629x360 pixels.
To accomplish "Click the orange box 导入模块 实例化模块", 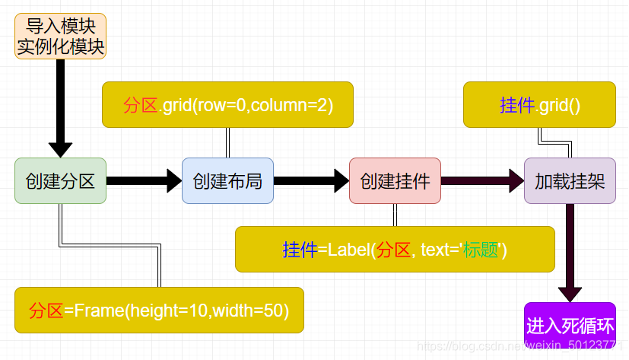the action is click(61, 36).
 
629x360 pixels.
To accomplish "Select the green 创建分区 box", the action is click(61, 180).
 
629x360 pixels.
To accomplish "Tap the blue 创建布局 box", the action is click(228, 180).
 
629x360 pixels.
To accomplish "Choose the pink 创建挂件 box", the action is click(396, 180).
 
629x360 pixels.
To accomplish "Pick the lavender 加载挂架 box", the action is click(570, 180).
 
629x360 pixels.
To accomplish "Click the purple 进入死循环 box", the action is click(570, 325).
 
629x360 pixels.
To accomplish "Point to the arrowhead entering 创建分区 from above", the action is click(61, 150).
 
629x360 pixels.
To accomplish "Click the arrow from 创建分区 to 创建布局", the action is click(144, 180).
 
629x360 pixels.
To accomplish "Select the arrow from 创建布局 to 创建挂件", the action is click(311, 180).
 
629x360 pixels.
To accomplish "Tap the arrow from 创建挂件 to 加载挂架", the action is click(482, 180).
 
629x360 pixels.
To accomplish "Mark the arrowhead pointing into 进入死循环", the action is click(570, 295).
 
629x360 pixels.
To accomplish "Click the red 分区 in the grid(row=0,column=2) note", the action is click(141, 105).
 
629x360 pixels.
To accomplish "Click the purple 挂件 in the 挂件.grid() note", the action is click(517, 105).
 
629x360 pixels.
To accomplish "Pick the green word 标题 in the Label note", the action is click(481, 250).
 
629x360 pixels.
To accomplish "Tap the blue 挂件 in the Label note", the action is click(300, 250).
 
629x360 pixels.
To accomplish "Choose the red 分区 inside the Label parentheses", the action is click(393, 250).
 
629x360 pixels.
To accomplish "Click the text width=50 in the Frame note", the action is click(248, 311).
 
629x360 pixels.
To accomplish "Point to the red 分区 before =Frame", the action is click(46, 311).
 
